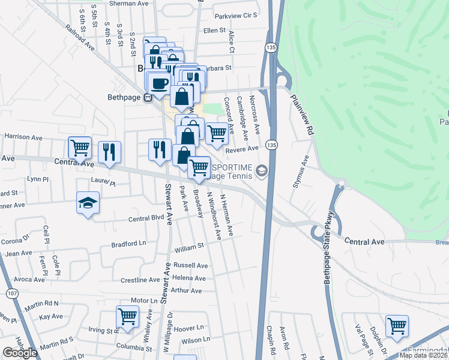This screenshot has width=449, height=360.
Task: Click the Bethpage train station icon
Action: [x=147, y=98]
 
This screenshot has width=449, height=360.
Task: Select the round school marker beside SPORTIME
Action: [x=261, y=172]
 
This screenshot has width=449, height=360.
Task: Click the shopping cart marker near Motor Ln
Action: [x=127, y=316]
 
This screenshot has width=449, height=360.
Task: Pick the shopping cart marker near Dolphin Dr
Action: [x=397, y=326]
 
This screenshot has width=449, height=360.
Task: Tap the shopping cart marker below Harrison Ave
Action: [x=80, y=148]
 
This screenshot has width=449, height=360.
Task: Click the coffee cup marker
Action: [x=160, y=85]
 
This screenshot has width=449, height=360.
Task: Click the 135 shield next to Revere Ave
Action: [x=272, y=145]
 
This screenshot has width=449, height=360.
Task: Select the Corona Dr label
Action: [x=15, y=241]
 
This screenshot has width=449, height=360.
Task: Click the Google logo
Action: [x=19, y=353]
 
